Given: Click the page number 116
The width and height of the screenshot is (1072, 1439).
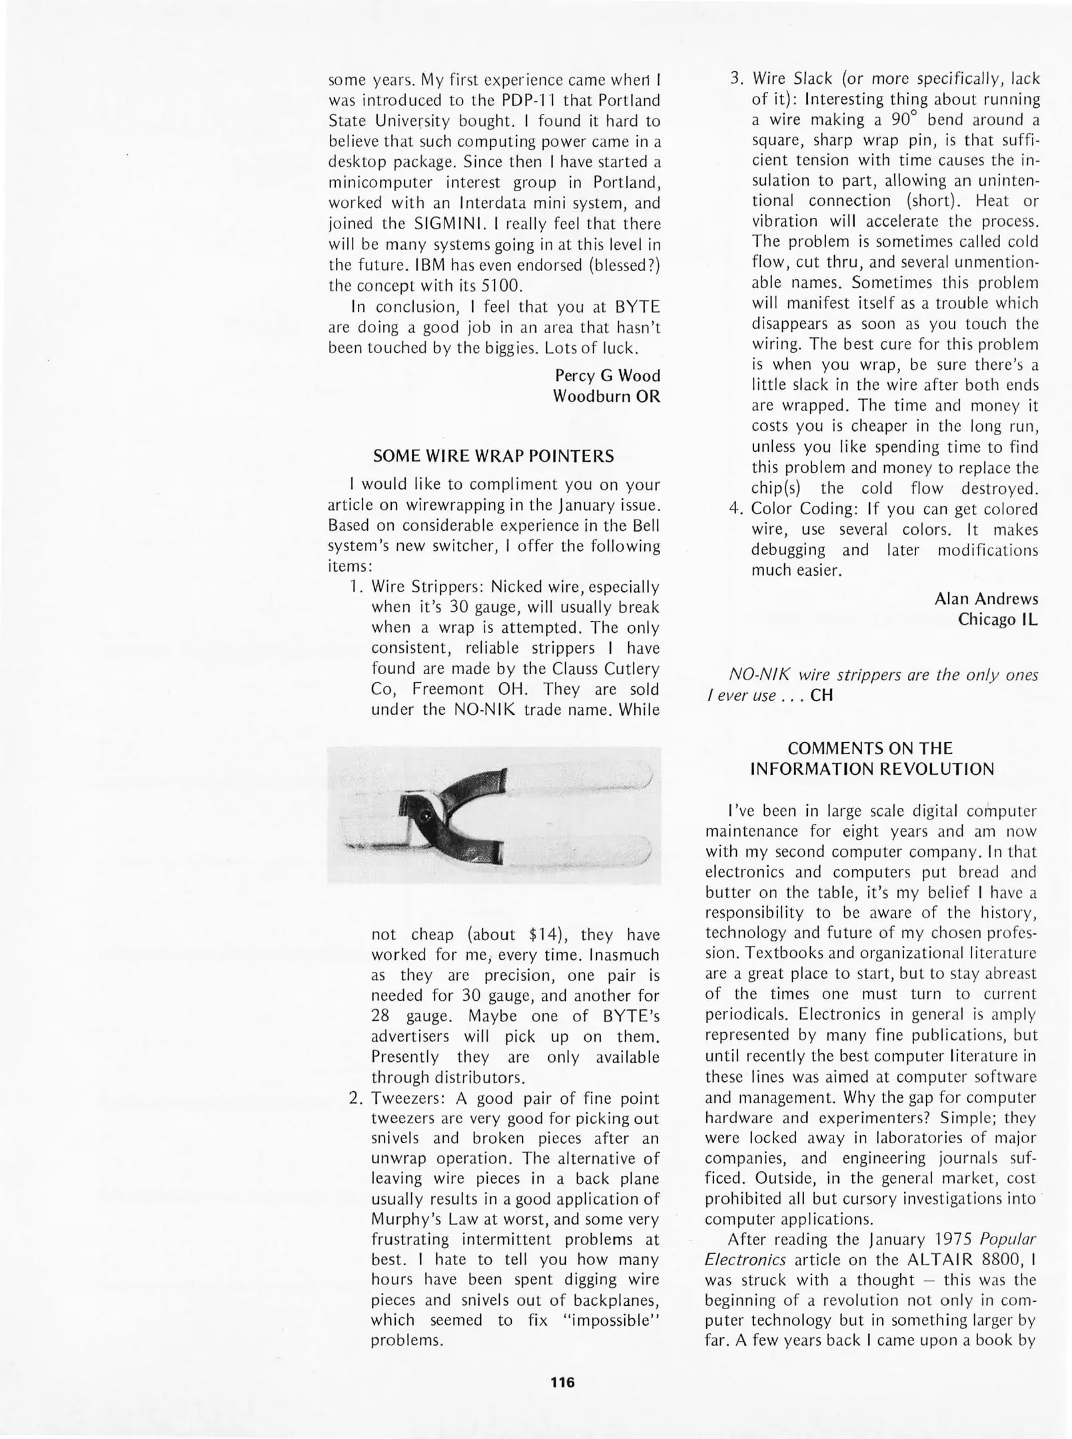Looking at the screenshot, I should click(x=562, y=1382).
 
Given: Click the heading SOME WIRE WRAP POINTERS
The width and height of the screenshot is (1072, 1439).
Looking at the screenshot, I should click(x=493, y=456).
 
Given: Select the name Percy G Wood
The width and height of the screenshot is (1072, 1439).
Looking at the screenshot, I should click(x=607, y=376).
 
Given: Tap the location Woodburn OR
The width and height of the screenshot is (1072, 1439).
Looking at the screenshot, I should click(x=606, y=396).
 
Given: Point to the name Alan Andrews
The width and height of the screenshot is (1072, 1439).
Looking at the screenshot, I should click(x=985, y=599).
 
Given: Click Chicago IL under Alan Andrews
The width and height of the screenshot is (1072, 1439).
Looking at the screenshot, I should click(x=997, y=620).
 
